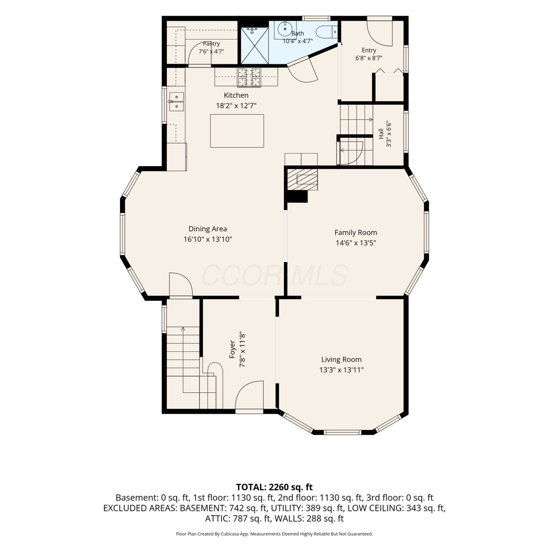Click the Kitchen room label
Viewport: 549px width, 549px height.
236,95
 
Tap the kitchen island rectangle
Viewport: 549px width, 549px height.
237,131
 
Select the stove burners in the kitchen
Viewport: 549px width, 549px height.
249,78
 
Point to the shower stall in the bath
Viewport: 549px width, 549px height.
255,45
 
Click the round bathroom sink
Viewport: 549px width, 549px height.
284,28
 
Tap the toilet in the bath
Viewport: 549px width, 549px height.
327,32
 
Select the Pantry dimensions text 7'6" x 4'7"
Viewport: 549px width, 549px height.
211,52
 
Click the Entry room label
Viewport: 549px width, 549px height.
369,51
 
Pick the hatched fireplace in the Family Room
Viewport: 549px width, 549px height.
302,179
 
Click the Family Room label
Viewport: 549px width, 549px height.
356,232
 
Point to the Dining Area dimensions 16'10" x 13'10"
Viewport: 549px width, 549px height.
208,239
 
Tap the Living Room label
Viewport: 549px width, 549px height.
341,359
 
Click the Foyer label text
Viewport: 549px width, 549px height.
232,349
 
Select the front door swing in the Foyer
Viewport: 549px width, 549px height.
249,395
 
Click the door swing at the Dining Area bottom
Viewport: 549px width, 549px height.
180,284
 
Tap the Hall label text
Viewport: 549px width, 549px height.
381,134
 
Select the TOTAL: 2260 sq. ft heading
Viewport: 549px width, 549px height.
274,487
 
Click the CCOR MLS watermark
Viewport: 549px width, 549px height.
274,276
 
